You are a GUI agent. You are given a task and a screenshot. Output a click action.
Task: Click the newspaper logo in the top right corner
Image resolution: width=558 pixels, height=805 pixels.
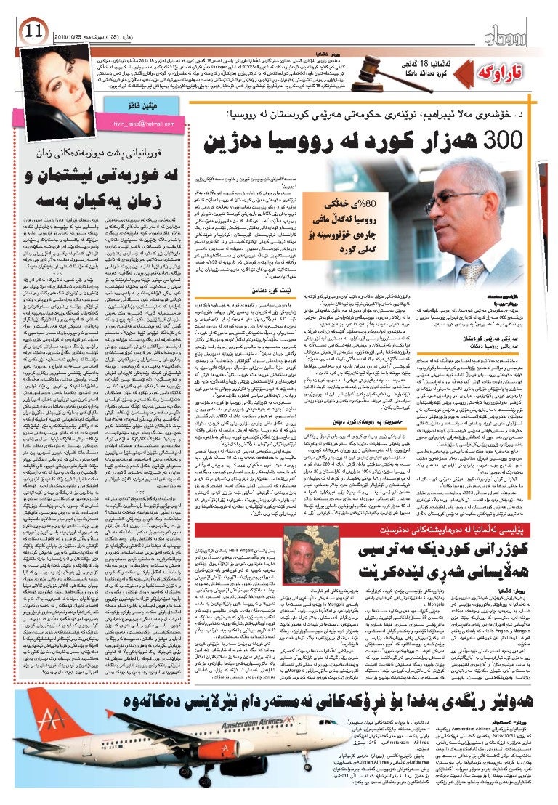click(x=512, y=32)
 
